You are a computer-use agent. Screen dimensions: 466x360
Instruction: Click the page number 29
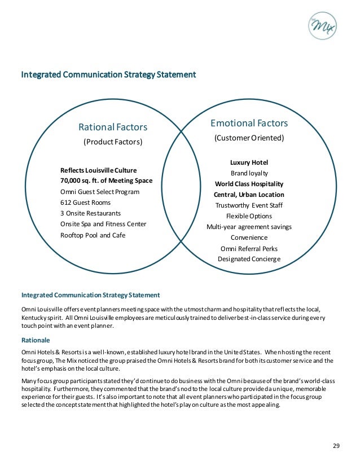coord(336,446)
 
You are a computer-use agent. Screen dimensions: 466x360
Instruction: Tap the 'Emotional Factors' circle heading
coord(249,123)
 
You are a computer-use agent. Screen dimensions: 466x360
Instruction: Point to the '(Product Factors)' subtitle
coord(113,142)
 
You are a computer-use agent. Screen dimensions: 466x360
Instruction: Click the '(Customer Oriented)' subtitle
coord(249,138)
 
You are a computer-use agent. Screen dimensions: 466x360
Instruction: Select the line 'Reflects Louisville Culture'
coord(98,170)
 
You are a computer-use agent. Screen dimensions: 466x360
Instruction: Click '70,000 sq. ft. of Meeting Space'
coord(106,181)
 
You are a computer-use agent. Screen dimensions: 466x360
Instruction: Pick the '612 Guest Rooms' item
coord(85,203)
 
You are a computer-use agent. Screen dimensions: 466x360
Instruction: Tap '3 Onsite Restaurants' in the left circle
coord(90,213)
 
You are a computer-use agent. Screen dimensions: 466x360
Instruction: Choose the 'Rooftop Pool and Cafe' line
coord(93,235)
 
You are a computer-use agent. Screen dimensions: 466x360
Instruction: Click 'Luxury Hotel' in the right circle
coord(249,162)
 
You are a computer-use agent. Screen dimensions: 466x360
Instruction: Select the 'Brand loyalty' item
coord(249,173)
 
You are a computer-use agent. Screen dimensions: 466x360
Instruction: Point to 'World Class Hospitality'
coord(249,184)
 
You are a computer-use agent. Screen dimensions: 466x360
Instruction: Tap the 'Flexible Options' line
coord(249,216)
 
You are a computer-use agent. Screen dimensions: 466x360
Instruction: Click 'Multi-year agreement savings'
coord(249,227)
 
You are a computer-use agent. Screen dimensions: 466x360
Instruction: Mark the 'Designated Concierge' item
coord(249,259)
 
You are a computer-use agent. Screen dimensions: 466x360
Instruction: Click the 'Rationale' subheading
coord(36,340)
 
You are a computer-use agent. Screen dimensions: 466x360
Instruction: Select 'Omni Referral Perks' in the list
coord(249,248)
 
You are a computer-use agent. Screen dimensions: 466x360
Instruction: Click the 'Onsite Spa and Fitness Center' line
coord(103,224)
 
